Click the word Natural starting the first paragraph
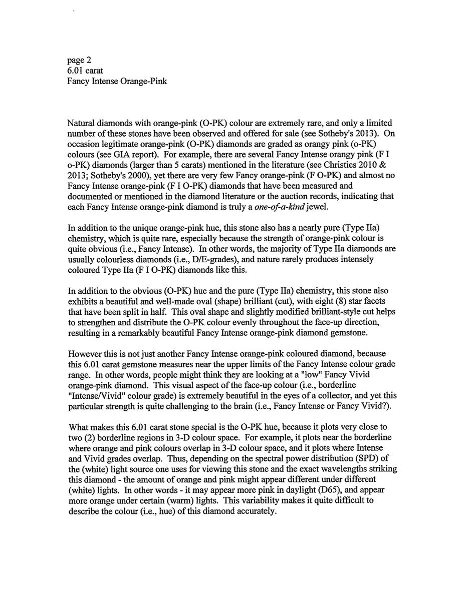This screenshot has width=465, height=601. point(82,123)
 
